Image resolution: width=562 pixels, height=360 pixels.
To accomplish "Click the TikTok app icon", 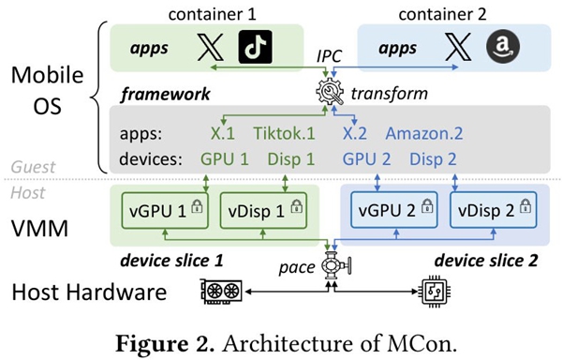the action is coord(255,47).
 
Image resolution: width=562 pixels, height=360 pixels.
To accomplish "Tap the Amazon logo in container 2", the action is coord(502,46).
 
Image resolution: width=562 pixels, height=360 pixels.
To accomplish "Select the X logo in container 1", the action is coord(211,47).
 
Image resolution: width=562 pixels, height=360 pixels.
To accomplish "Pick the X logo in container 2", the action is coord(458,47).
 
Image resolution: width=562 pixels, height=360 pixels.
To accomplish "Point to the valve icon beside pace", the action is coord(335,265).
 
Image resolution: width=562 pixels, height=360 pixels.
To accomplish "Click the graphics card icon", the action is coord(221,292).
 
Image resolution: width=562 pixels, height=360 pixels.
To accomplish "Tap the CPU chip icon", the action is coord(436,291).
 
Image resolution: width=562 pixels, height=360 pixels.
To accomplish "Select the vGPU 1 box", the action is coord(165,211).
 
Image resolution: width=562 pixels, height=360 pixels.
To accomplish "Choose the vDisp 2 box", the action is coord(494,210).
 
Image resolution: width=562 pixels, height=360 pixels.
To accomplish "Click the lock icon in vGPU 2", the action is coord(427,205).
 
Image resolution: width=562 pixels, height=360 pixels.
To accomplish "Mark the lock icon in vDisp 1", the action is coord(296,206).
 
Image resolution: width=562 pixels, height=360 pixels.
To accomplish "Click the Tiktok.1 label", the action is coord(284,133).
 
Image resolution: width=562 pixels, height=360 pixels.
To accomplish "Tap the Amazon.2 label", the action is coord(424,133).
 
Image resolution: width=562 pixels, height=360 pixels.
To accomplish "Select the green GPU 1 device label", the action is coord(225,158).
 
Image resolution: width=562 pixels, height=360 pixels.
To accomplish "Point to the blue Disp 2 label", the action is coord(433,158).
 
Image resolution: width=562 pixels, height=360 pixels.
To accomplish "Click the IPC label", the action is coord(329,56).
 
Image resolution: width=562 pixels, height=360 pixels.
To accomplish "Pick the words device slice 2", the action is coord(486,261).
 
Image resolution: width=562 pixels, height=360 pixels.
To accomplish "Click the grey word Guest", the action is coord(33,167).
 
